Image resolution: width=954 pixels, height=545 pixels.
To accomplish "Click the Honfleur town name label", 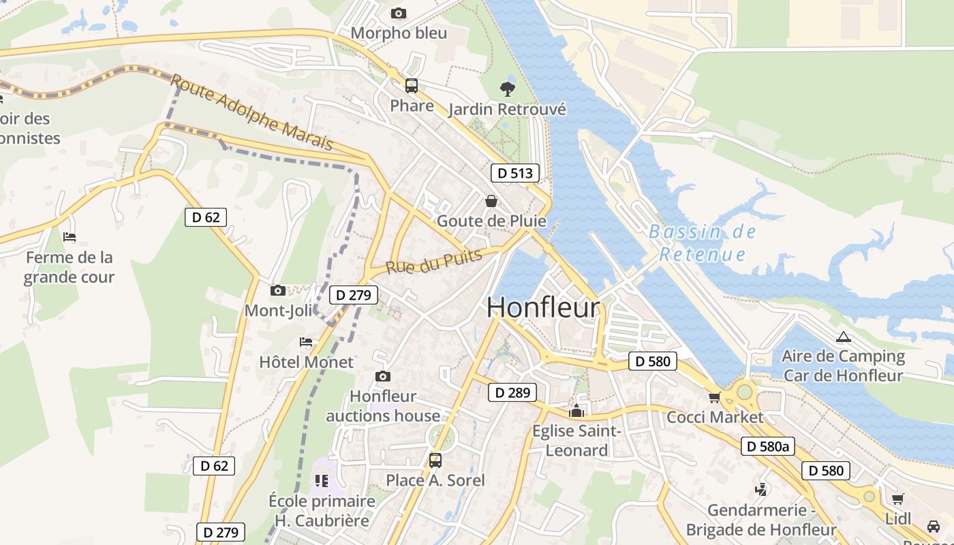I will tap(543, 308).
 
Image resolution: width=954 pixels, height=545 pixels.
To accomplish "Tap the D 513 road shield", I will tap(514, 173).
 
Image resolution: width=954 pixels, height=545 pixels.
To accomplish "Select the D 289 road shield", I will tap(512, 392).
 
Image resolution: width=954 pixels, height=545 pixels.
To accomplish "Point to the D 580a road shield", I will tap(767, 446).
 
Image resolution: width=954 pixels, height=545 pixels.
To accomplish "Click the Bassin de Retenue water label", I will tap(703, 243).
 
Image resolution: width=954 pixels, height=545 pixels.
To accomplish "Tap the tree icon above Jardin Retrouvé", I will tap(507, 88).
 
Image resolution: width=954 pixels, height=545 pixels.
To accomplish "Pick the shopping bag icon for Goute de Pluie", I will tap(491, 201).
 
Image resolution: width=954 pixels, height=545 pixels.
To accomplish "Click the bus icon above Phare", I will tap(412, 86).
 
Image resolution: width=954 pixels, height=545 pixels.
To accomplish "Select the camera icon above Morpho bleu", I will tap(399, 13).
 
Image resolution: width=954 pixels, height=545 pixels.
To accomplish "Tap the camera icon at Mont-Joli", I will tap(277, 291).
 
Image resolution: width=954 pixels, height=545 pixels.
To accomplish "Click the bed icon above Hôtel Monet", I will tap(306, 342).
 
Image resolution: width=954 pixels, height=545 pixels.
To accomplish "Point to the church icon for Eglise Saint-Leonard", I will tap(576, 411).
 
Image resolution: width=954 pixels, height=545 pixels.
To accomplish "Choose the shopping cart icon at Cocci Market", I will tap(714, 397).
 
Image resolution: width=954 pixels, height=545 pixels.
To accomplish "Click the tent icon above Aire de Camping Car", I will tap(844, 337).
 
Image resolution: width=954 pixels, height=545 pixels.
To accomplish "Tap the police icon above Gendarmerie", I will tap(760, 490).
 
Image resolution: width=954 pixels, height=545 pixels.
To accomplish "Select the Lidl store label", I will tap(897, 518).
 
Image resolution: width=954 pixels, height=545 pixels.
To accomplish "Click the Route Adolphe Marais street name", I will tap(252, 112).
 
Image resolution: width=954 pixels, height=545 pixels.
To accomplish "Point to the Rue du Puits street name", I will tap(434, 261).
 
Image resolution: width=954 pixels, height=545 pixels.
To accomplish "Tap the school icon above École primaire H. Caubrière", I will tap(322, 481).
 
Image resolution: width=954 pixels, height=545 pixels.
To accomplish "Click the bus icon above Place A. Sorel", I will tap(435, 460).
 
